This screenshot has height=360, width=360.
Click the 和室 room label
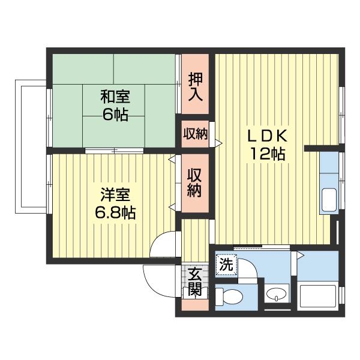pyautogui.click(x=115, y=97)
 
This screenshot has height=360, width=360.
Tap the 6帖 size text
pyautogui.click(x=115, y=114)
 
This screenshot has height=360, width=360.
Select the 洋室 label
pyautogui.click(x=115, y=194)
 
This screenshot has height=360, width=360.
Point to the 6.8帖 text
pyautogui.click(x=115, y=212)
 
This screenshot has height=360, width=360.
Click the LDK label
pyautogui.click(x=267, y=136)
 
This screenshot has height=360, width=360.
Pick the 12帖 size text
pyautogui.click(x=268, y=154)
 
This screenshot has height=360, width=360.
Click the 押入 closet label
pyautogui.click(x=196, y=87)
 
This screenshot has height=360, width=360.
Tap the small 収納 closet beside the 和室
pyautogui.click(x=196, y=134)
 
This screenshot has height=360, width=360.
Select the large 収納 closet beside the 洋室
pyautogui.click(x=194, y=183)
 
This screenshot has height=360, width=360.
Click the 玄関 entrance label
pyautogui.click(x=195, y=281)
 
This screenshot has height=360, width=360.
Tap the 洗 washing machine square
pyautogui.click(x=226, y=265)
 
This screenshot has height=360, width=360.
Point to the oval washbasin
pyautogui.click(x=277, y=294)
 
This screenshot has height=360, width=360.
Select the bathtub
pyautogui.click(x=318, y=296)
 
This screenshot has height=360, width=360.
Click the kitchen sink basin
pyautogui.click(x=329, y=200)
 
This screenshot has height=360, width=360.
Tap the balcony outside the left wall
pyautogui.click(x=31, y=146)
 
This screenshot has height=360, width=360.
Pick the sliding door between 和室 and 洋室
pyautogui.click(x=115, y=151)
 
